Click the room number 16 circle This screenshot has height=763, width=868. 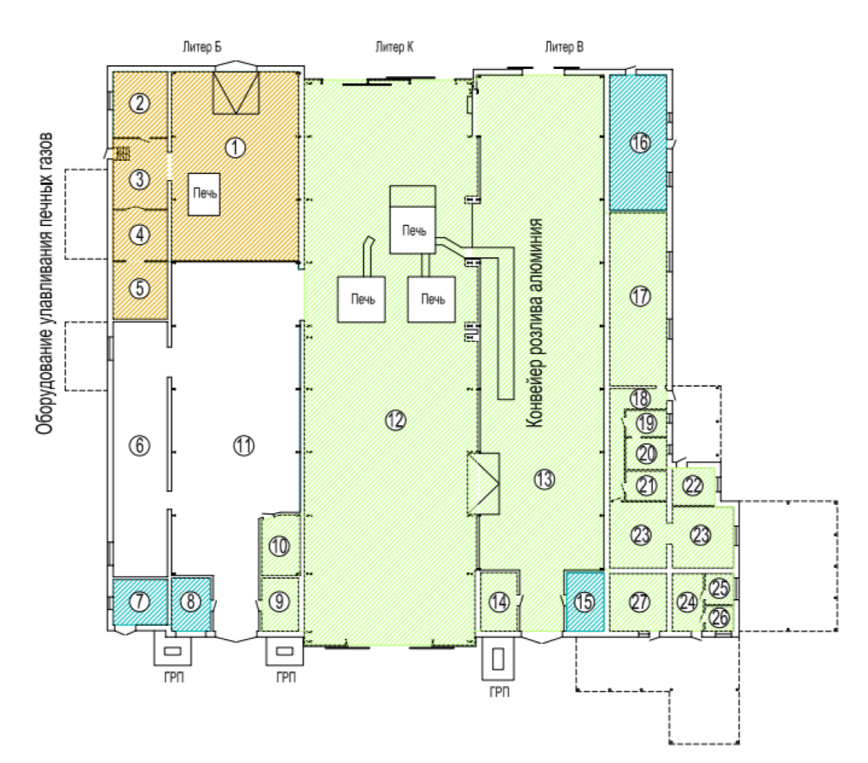click(640, 143)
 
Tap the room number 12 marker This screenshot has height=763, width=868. click(395, 421)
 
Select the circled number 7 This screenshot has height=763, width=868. click(140, 601)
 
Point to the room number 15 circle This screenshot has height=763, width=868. click(585, 602)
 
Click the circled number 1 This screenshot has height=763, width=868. click(235, 147)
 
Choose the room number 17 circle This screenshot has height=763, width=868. click(641, 296)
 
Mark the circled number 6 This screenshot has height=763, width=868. click(140, 445)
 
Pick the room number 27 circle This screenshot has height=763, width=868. click(641, 602)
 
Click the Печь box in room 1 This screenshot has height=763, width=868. click(204, 194)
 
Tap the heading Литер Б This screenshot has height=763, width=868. click(202, 47)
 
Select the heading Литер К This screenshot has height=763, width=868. click(394, 47)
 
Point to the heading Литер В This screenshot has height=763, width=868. click(564, 47)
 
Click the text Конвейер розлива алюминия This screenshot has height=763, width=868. click(534, 323)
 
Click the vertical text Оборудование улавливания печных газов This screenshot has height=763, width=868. click(45, 283)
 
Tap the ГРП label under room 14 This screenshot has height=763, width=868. click(499, 692)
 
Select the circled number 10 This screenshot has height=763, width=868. click(279, 547)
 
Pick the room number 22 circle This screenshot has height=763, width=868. click(693, 485)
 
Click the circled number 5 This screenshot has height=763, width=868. click(140, 289)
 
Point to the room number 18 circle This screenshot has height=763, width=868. click(641, 398)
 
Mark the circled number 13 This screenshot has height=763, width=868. click(545, 478)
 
